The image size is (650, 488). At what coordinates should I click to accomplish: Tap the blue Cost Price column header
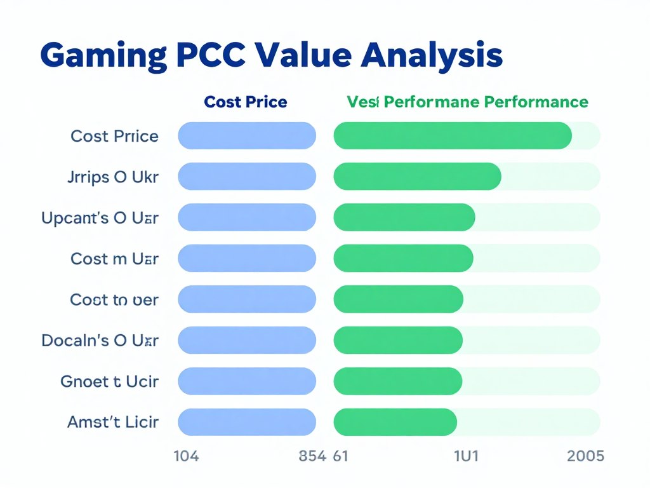(x=246, y=102)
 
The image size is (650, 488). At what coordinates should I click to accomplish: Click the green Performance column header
(x=467, y=102)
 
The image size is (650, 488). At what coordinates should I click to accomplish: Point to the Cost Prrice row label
(x=115, y=136)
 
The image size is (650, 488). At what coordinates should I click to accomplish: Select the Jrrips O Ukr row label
(x=113, y=177)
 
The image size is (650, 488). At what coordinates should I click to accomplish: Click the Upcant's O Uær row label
(x=100, y=218)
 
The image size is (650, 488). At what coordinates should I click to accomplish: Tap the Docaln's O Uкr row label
(x=100, y=341)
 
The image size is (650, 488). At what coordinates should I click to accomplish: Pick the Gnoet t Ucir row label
(x=110, y=381)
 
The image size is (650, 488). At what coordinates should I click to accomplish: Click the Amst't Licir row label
(x=113, y=421)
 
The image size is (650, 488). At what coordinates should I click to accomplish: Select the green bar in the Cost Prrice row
(x=452, y=136)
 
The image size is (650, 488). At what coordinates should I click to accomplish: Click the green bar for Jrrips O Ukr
(x=417, y=177)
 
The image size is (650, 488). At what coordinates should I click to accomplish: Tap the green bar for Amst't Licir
(x=395, y=422)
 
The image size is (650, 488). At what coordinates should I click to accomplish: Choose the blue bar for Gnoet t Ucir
(x=247, y=381)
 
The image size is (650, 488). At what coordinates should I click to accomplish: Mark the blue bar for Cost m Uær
(x=247, y=259)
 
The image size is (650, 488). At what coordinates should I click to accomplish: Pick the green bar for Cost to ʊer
(x=398, y=299)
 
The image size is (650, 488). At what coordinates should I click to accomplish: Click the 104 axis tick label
(x=186, y=456)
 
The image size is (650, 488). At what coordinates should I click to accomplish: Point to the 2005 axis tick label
(x=585, y=456)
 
